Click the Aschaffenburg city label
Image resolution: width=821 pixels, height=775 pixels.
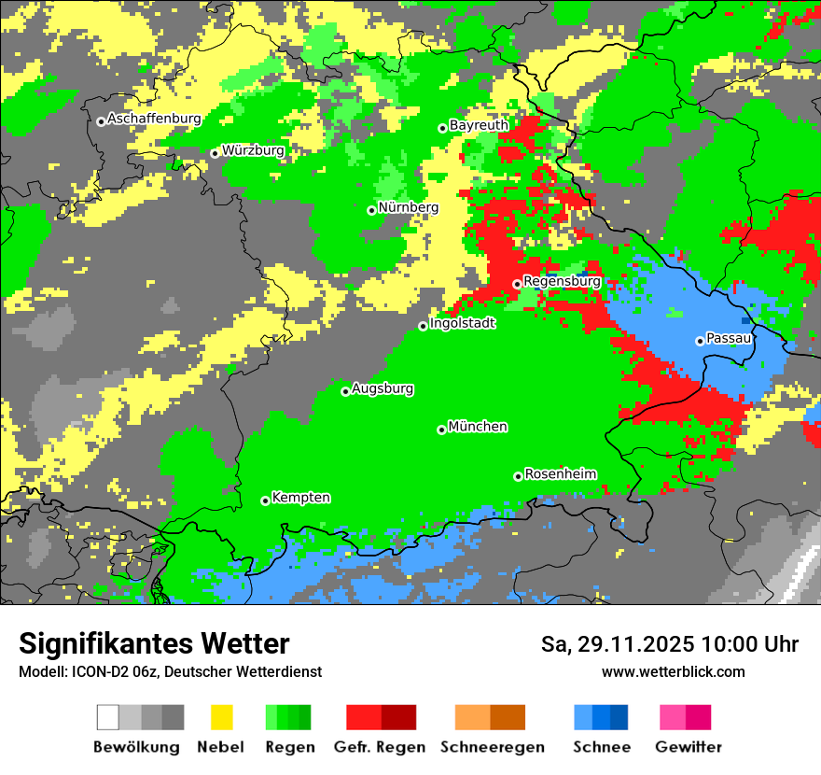pyautogui.click(x=155, y=119)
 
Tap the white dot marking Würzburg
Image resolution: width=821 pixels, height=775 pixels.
pyautogui.click(x=215, y=153)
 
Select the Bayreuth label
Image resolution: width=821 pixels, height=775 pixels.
pyautogui.click(x=480, y=125)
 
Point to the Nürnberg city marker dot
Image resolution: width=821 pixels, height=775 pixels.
pyautogui.click(x=371, y=210)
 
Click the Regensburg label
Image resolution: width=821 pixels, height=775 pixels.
pyautogui.click(x=562, y=280)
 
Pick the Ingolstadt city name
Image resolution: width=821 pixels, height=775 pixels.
pyautogui.click(x=463, y=323)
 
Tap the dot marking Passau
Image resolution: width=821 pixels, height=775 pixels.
pyautogui.click(x=700, y=341)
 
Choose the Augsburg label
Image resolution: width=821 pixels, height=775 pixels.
pyautogui.click(x=383, y=388)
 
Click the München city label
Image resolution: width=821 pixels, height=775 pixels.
pyautogui.click(x=478, y=427)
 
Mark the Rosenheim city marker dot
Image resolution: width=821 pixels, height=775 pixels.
pyautogui.click(x=518, y=476)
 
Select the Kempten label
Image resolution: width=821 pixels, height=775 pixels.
pyautogui.click(x=300, y=498)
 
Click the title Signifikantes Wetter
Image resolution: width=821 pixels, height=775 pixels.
pyautogui.click(x=154, y=644)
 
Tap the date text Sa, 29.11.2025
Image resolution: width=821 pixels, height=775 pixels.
pyautogui.click(x=617, y=644)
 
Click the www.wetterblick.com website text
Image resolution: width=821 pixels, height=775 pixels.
pyautogui.click(x=673, y=672)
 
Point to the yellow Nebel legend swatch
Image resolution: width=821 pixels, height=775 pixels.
pyautogui.click(x=222, y=717)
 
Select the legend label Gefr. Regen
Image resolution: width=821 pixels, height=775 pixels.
pyautogui.click(x=380, y=747)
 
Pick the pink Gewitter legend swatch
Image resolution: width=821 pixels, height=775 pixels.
pyautogui.click(x=673, y=717)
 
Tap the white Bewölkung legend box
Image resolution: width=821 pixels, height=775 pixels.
pyautogui.click(x=108, y=717)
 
